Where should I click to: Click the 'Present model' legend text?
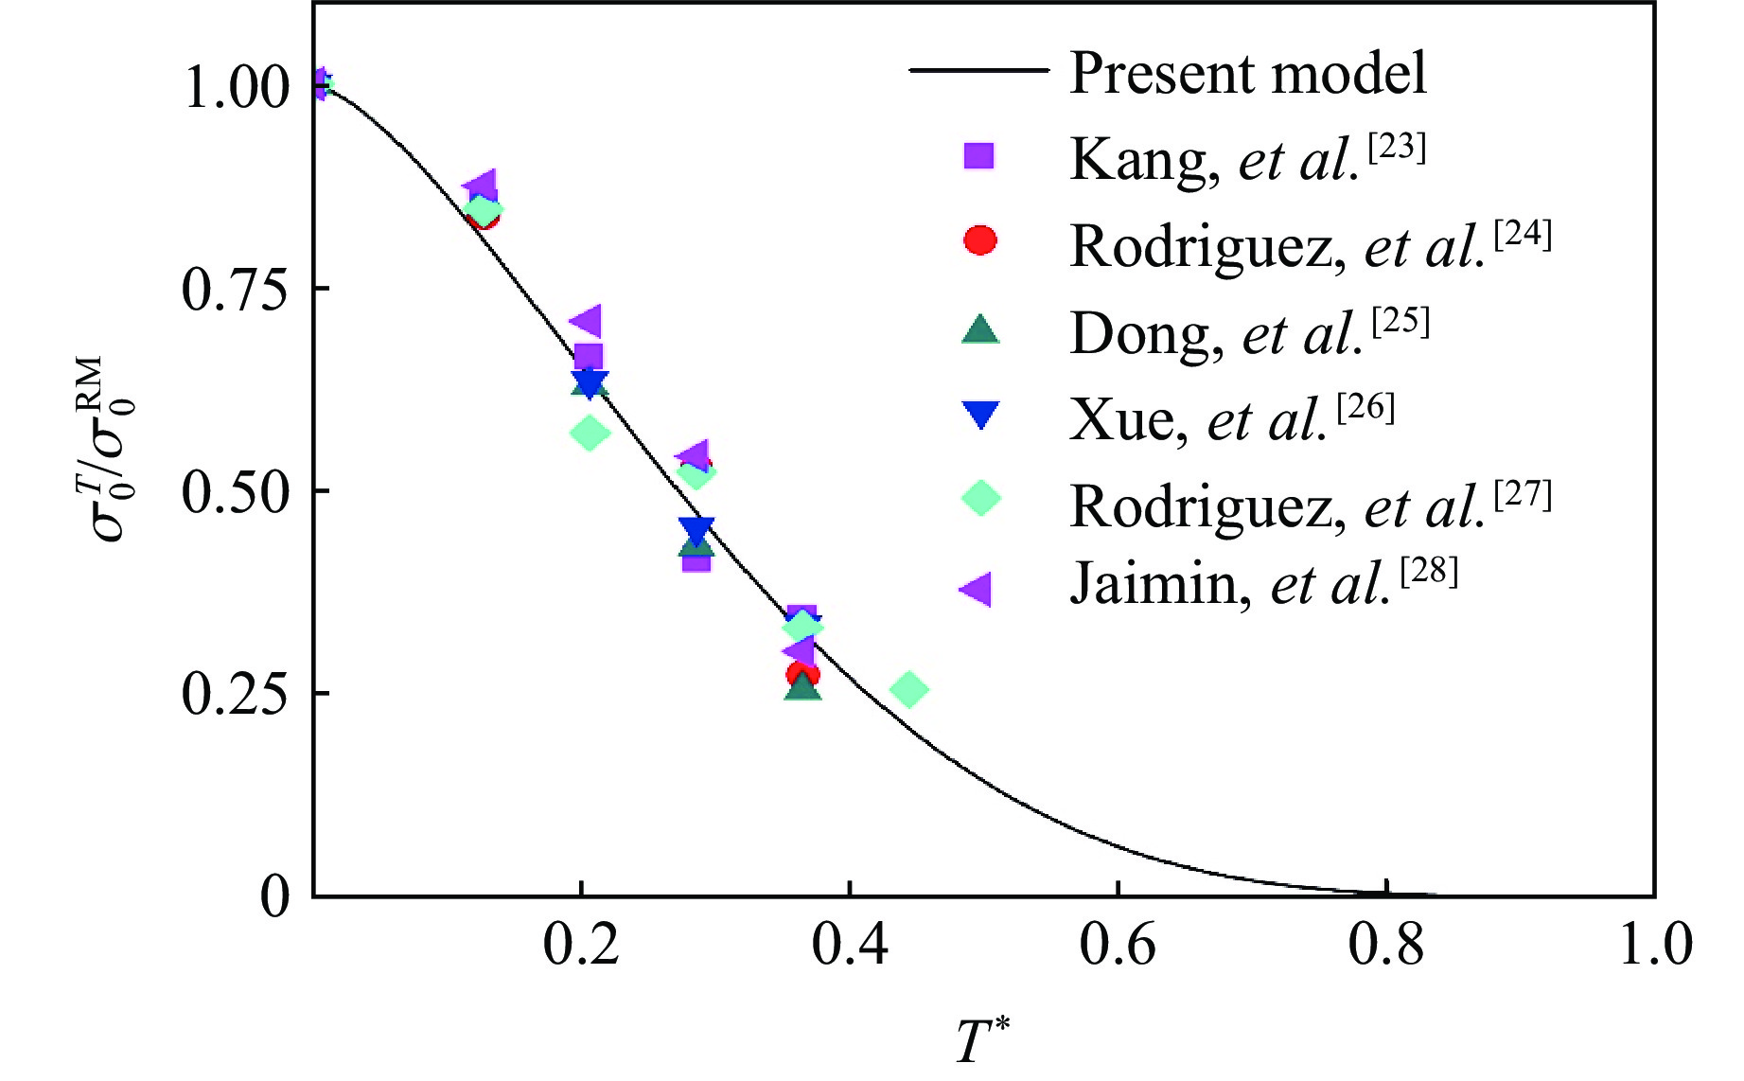[1247, 73]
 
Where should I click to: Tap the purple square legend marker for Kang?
[978, 155]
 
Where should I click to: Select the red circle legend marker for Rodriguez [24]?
[979, 240]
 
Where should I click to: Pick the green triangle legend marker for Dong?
[979, 328]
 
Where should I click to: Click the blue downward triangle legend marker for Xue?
[979, 415]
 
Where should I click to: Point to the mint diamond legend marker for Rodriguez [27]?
[980, 498]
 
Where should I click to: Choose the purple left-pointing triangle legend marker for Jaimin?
[976, 589]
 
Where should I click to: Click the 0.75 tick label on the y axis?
[234, 290]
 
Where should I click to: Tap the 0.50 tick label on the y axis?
[234, 492]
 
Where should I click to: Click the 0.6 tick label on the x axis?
[1118, 945]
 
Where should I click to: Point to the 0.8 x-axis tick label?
[1385, 945]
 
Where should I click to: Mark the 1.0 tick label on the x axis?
[1655, 945]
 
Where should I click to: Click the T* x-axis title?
[982, 1039]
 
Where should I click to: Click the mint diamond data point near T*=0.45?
[908, 689]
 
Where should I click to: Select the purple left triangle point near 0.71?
[586, 321]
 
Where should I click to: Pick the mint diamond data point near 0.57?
[589, 434]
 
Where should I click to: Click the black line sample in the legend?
[978, 70]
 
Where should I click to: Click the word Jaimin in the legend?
[1154, 585]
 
